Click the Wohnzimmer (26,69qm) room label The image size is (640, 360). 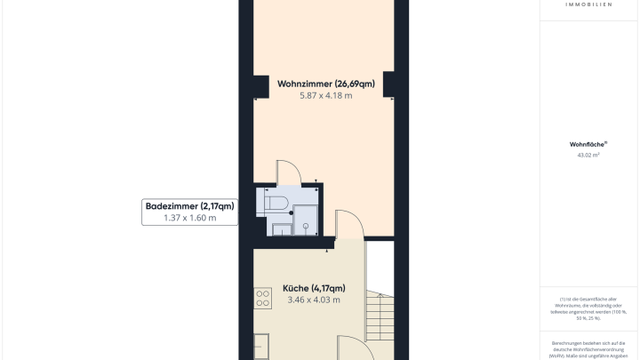pos(325,84)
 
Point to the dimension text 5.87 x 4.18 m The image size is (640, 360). pos(325,95)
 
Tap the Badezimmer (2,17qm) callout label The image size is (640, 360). pos(189,206)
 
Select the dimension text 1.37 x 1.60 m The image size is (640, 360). pos(189,218)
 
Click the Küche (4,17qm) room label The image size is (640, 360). pos(314,288)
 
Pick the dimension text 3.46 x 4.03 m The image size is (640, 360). pos(314,300)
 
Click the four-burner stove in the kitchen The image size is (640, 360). pos(262,299)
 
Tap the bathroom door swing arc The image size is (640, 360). pos(289,172)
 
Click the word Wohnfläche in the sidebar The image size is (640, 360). pos(588,143)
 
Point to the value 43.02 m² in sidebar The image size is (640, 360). pos(588,155)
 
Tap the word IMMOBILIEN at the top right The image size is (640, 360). pos(588,4)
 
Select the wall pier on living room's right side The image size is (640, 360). pos(389,85)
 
